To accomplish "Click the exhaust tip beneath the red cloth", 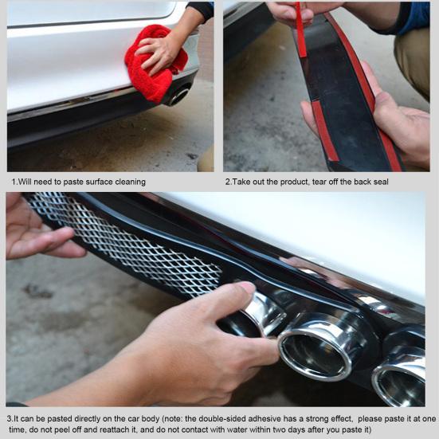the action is point(179,95).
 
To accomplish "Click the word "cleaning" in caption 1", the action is point(131,182).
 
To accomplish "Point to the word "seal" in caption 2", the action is point(381,182).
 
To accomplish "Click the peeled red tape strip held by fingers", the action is point(301,29).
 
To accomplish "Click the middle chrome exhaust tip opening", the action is point(315,355).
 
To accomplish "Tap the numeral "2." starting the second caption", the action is point(228,182).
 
